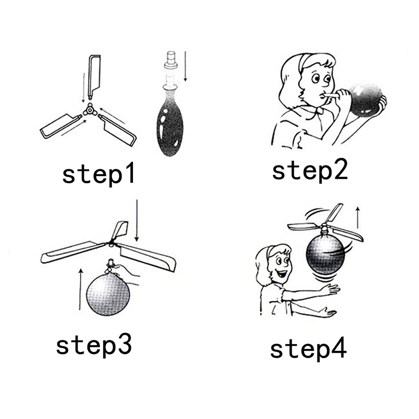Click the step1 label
click(98, 174)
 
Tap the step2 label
click(310, 170)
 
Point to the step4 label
click(308, 349)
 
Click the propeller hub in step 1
click(90, 111)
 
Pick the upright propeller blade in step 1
click(94, 76)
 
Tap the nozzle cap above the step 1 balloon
click(171, 60)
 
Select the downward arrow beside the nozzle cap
click(185, 66)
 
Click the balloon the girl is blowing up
click(366, 98)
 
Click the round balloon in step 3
click(108, 294)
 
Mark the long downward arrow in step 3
click(137, 220)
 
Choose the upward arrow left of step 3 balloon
click(80, 290)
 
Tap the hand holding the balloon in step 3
click(126, 272)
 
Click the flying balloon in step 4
click(325, 253)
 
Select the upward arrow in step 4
click(358, 217)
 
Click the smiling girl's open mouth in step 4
click(282, 274)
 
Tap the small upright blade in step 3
click(120, 230)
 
